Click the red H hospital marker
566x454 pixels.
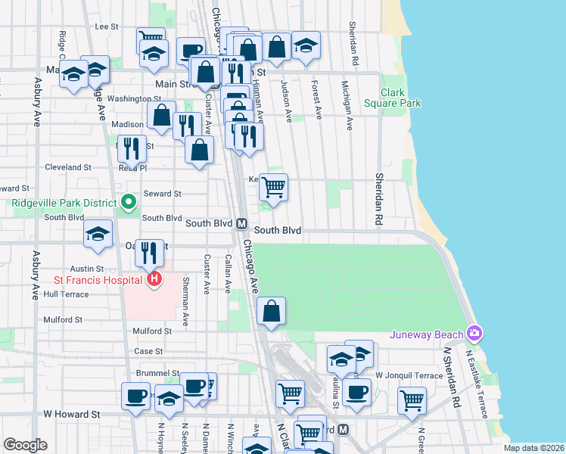(154, 280)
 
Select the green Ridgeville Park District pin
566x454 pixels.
(128, 202)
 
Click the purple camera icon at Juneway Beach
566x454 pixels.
(474, 333)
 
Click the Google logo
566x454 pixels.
(26, 445)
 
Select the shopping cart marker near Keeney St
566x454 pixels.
(273, 186)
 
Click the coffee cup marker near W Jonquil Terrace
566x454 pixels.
(356, 392)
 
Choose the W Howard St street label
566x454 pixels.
(72, 415)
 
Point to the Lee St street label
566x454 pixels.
(107, 26)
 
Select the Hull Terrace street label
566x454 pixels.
(66, 294)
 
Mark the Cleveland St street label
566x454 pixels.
(68, 167)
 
